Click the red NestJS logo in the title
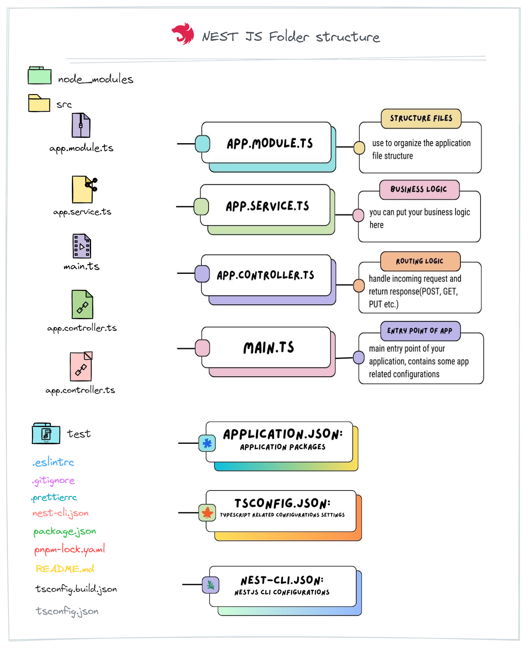(183, 34)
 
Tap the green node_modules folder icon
(39, 76)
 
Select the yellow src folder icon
(39, 103)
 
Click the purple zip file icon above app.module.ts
(81, 125)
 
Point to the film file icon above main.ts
(82, 246)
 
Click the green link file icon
(82, 304)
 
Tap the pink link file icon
(81, 366)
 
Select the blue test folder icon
(46, 433)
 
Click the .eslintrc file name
(53, 462)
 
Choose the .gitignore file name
(53, 480)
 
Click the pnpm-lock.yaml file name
(70, 549)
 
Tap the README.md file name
(65, 569)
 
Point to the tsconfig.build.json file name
(76, 589)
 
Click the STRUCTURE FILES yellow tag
(421, 118)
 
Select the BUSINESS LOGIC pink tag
(419, 189)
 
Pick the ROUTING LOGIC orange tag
(420, 261)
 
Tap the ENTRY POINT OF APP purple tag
(420, 331)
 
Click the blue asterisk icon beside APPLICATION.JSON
(207, 443)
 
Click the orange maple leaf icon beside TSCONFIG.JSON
(207, 512)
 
